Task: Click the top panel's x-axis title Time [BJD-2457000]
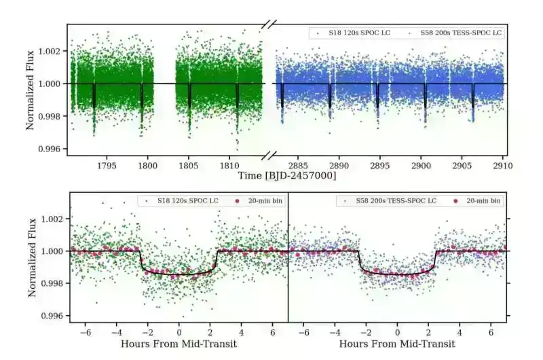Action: (287, 176)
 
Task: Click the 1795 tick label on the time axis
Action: (107, 165)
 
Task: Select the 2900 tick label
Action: (421, 165)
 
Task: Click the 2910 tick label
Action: (502, 165)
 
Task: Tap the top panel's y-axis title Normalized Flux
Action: (31, 88)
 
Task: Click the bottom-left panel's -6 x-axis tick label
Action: (84, 333)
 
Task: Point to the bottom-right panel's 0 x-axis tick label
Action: (398, 333)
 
